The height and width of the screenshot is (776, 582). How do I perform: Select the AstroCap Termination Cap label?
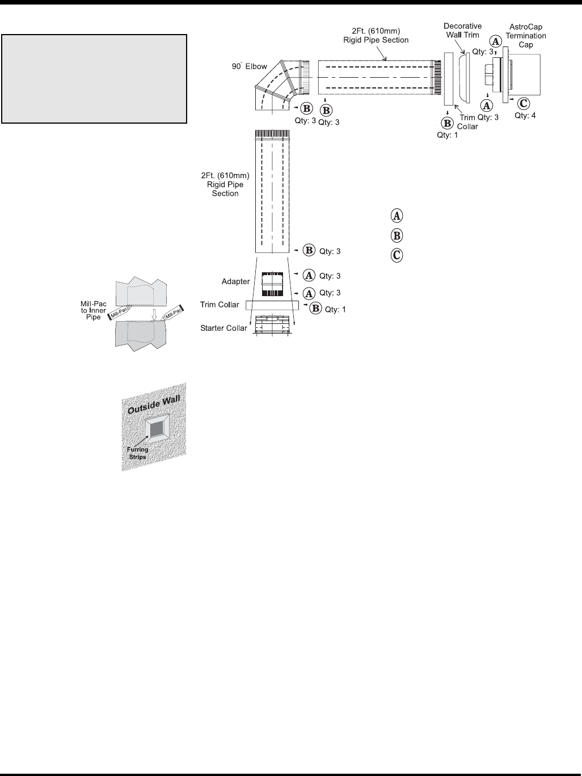[526, 36]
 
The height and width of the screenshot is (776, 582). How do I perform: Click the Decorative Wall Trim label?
[462, 31]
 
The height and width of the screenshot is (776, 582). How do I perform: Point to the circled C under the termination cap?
[524, 103]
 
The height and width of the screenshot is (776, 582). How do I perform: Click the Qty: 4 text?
[525, 115]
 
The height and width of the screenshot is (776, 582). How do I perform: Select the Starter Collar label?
[223, 328]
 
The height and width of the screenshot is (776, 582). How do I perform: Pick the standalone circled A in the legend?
[397, 216]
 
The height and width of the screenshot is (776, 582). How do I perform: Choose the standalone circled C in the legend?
[397, 255]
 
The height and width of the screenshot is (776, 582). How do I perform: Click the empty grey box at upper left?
[94, 78]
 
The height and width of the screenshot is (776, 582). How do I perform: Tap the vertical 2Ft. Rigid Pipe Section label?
[225, 184]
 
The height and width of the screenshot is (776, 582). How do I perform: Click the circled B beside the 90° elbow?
[306, 108]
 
